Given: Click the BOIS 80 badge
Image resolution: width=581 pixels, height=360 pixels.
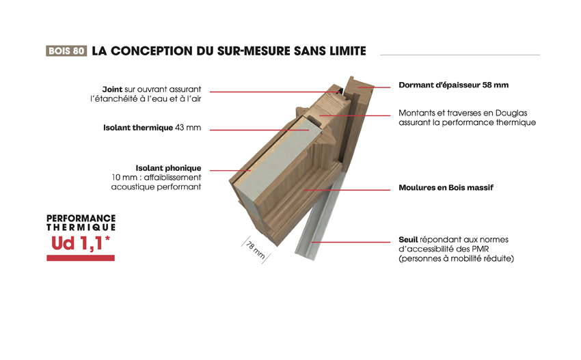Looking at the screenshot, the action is (x=66, y=51).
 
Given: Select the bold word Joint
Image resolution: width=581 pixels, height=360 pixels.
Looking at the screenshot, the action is (x=112, y=89).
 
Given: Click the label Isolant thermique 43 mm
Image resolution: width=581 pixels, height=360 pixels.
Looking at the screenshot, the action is (x=152, y=128).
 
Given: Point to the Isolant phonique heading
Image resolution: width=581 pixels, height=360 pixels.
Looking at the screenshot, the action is (x=168, y=168).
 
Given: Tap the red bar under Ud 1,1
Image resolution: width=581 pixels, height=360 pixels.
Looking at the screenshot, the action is (x=81, y=258).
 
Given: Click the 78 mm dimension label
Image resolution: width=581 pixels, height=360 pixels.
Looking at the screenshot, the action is (x=256, y=251).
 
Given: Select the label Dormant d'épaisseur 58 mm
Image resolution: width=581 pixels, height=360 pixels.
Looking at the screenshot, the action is (x=454, y=85).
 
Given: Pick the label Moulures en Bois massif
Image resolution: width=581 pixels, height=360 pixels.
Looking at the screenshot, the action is (x=446, y=188).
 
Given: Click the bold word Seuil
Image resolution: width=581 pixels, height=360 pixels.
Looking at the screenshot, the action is (x=408, y=240).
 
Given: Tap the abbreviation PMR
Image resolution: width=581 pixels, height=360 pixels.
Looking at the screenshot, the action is (x=481, y=249).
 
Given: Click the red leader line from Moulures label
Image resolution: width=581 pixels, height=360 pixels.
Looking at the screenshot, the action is (x=347, y=190).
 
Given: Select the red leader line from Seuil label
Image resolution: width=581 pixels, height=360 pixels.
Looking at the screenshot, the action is (x=351, y=243).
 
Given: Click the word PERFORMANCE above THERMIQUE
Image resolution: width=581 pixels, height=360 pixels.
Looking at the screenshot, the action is (x=81, y=218).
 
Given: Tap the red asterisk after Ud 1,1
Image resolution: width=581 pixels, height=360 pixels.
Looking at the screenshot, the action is (x=107, y=238).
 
